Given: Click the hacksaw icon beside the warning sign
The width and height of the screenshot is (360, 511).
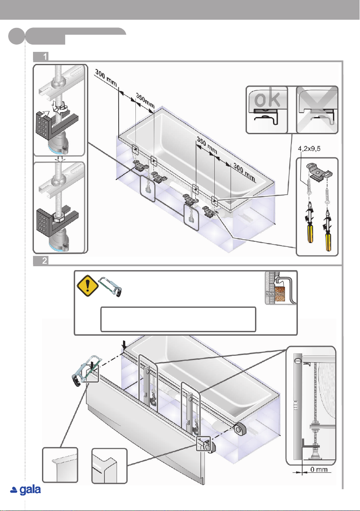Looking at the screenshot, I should [111, 286].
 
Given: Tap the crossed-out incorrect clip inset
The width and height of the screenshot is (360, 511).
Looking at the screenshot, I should [318, 109].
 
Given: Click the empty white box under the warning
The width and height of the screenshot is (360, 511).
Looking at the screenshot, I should [178, 319].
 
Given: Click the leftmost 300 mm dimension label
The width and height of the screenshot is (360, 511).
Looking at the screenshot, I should [106, 78].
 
